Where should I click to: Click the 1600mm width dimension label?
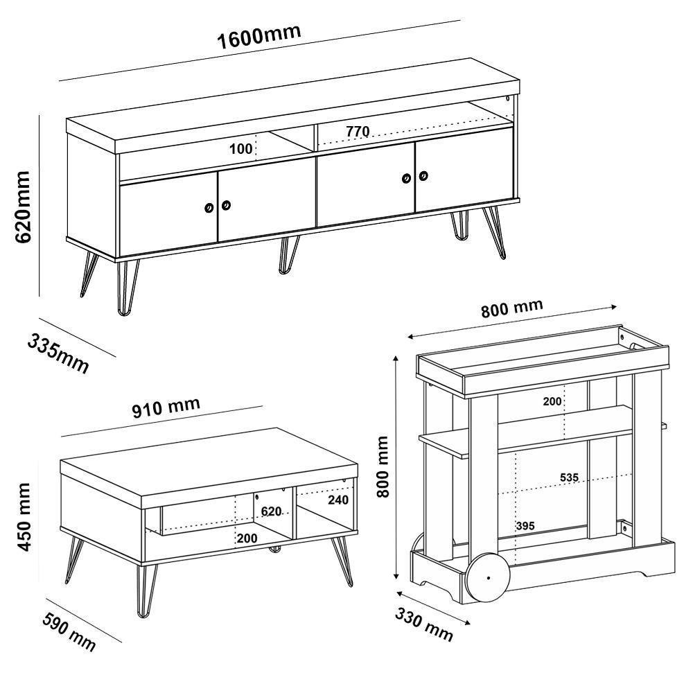pyautogui.click(x=259, y=36)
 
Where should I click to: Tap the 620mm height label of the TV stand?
pyautogui.click(x=22, y=207)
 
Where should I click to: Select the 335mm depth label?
pyautogui.click(x=58, y=353)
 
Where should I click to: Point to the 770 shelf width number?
pyautogui.click(x=358, y=131)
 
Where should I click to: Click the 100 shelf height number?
pyautogui.click(x=241, y=149)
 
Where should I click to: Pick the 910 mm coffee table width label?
pyautogui.click(x=166, y=407)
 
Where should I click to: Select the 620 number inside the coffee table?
pyautogui.click(x=271, y=511)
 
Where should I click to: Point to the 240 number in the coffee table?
pyautogui.click(x=338, y=500)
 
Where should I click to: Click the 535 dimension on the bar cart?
pyautogui.click(x=569, y=477)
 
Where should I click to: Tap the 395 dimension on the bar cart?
pyautogui.click(x=525, y=526)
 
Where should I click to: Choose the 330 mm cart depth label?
pyautogui.click(x=424, y=624)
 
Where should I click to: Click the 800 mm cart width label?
pyautogui.click(x=512, y=308)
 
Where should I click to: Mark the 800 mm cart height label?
pyautogui.click(x=383, y=466)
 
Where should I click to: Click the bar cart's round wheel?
pyautogui.click(x=489, y=577)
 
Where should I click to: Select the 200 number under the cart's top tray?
pyautogui.click(x=552, y=401)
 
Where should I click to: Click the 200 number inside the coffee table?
pyautogui.click(x=247, y=538)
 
